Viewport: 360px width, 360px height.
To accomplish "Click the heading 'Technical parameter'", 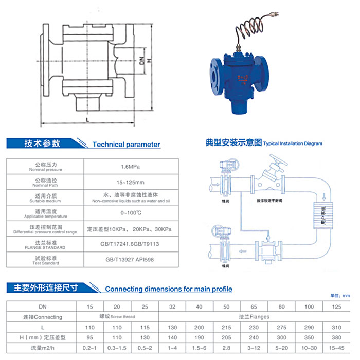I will click(126, 145).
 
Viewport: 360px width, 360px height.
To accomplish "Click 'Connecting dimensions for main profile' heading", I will click(169, 289).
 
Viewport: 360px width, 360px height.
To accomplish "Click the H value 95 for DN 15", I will click(90, 337).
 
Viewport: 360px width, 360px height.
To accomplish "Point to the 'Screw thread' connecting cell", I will click(118, 317).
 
